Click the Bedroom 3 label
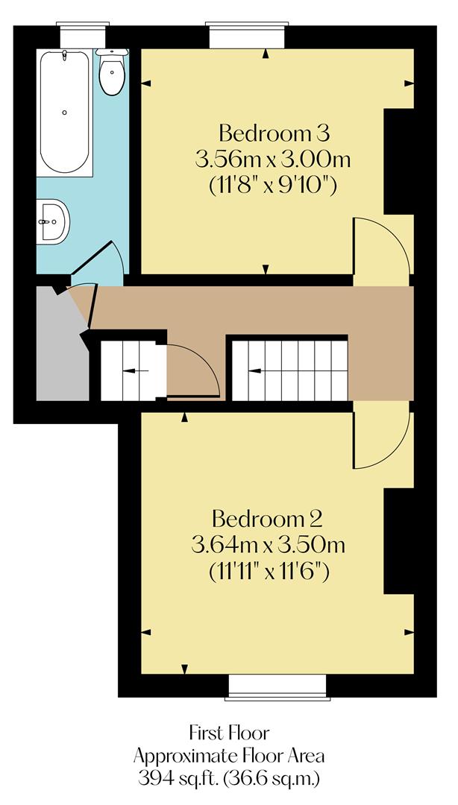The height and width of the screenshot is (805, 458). point(274,134)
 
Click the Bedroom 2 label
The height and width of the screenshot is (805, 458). point(268,518)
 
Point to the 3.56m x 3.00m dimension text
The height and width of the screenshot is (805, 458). point(274,160)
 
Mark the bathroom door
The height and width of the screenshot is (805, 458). point(95,260)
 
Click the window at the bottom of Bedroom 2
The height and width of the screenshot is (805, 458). point(277,686)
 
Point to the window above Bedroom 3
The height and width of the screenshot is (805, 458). point(247,35)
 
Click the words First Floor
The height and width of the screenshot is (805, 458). point(228,731)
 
